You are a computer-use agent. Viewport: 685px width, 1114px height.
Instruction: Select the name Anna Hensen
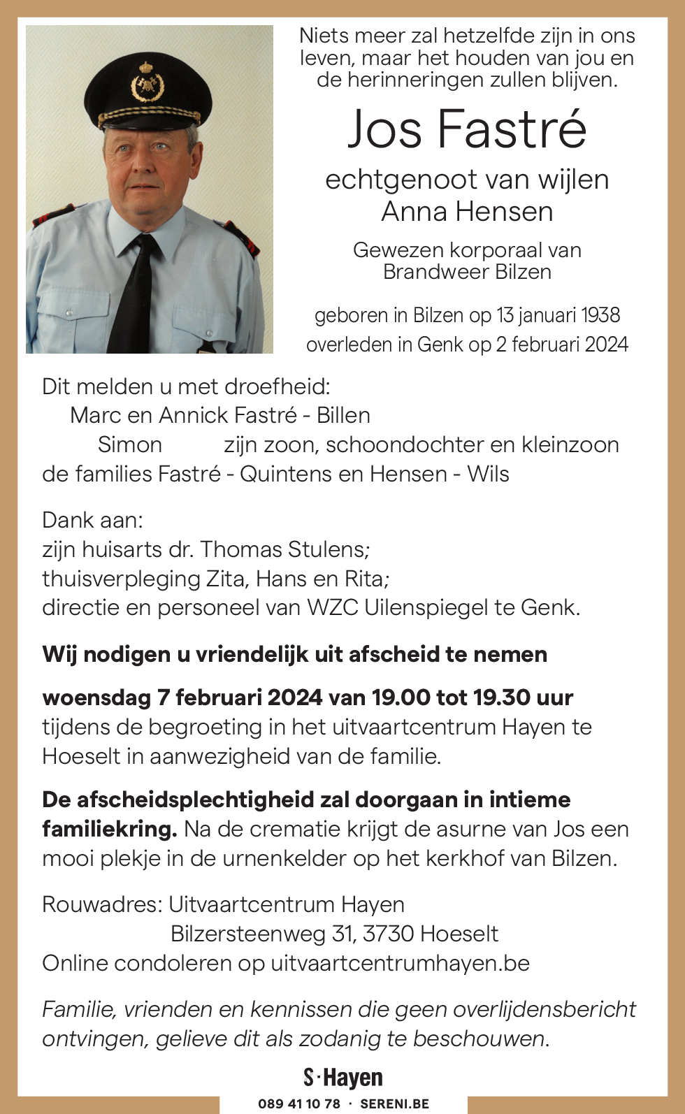467,212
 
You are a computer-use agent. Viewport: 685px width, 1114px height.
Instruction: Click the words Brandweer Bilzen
467,272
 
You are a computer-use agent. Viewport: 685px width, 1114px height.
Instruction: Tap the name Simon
130,444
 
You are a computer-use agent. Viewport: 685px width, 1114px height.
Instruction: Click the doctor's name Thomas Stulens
284,549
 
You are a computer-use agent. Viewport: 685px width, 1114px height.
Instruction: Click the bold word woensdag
96,697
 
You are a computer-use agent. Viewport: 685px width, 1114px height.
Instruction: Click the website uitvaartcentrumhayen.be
400,963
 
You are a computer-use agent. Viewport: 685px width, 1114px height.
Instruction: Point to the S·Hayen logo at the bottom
343,1078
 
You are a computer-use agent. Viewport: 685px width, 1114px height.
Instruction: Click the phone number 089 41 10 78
299,1104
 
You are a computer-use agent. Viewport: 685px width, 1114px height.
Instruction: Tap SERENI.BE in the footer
394,1104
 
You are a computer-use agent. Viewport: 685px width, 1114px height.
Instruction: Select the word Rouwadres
101,904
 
